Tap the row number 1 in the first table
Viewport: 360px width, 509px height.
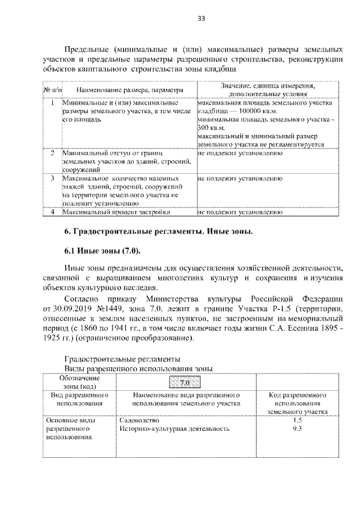pyautogui.click(x=52, y=103)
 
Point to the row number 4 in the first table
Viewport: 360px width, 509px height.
pyautogui.click(x=52, y=212)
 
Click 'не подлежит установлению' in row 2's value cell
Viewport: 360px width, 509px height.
pyautogui.click(x=240, y=152)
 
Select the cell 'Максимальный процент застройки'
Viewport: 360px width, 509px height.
pyautogui.click(x=116, y=212)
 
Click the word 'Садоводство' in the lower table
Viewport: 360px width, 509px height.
pyautogui.click(x=140, y=420)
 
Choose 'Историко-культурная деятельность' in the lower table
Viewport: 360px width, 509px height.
pyautogui.click(x=175, y=429)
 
